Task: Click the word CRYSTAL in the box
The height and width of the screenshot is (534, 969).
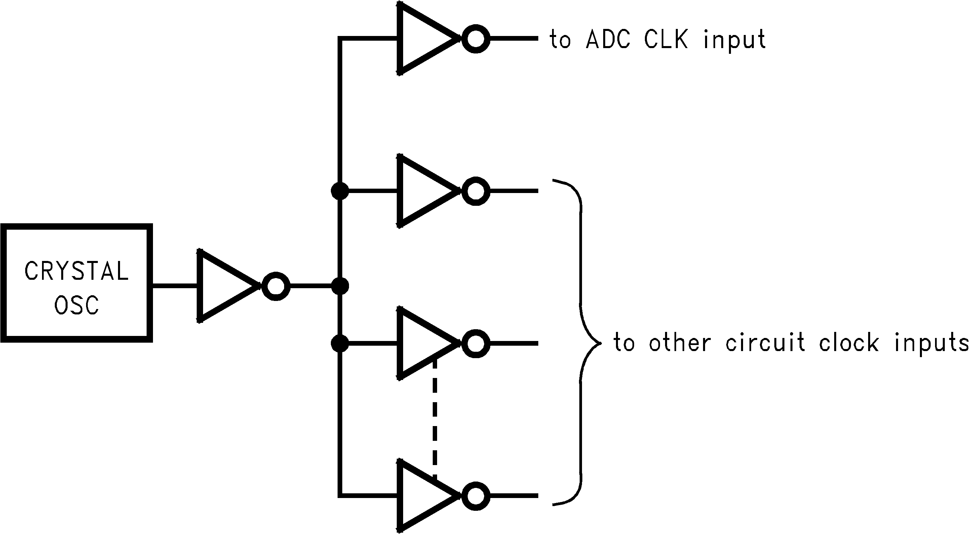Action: tap(76, 271)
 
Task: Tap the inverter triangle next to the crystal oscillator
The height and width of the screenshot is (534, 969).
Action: tap(222, 286)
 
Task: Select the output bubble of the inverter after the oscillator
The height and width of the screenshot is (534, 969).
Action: tap(276, 287)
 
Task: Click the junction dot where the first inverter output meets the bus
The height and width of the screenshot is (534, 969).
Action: tap(340, 287)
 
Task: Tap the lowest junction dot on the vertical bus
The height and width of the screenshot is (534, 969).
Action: tap(340, 344)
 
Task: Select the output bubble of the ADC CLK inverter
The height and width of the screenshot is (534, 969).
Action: tap(476, 39)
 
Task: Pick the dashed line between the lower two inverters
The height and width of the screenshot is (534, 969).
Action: tap(435, 418)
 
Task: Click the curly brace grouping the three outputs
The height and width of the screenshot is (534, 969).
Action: tap(582, 342)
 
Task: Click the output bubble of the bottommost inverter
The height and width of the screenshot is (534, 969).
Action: tap(476, 496)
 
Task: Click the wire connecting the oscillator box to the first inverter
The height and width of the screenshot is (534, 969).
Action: tap(175, 287)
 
